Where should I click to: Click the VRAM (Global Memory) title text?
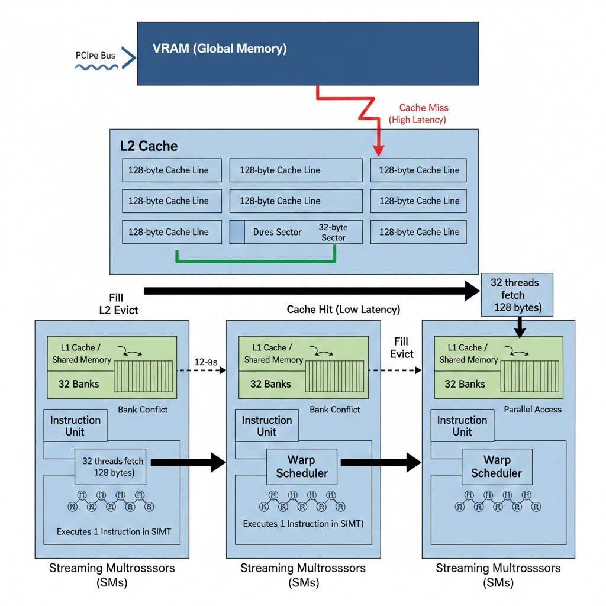(x=220, y=49)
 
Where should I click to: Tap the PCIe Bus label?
(x=95, y=55)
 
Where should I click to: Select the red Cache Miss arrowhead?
(x=379, y=150)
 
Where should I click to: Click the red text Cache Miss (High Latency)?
(x=419, y=114)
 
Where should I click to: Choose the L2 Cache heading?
(x=149, y=146)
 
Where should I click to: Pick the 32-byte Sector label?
(x=333, y=232)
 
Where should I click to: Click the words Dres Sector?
(x=277, y=232)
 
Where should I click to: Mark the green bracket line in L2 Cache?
(x=256, y=260)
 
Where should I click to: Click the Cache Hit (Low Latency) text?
(x=343, y=310)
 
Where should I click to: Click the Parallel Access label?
(x=532, y=409)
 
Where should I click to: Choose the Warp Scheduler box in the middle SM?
(x=301, y=466)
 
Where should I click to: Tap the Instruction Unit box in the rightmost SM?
(x=462, y=426)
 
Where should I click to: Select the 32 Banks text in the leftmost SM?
(x=79, y=383)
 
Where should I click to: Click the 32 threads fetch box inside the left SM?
(x=112, y=466)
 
